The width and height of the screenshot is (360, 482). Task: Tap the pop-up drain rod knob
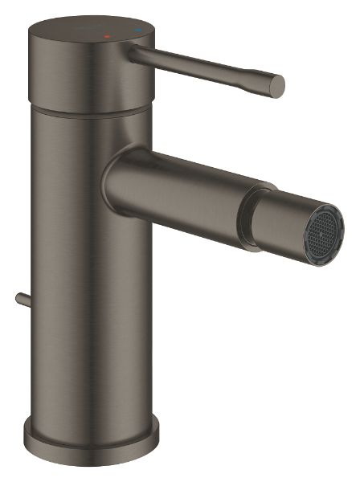point(18,299)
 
